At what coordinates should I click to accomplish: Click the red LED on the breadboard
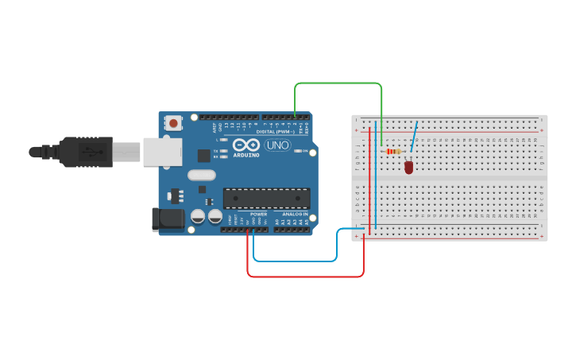click(408, 167)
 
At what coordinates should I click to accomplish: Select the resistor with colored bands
click(392, 151)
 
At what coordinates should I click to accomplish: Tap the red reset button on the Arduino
click(173, 123)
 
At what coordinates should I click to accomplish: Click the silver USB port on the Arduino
click(162, 151)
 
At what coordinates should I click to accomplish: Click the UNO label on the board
click(277, 145)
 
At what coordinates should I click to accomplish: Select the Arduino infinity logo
click(247, 145)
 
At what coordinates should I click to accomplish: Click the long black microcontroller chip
click(266, 198)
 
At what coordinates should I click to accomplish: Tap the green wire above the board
click(338, 83)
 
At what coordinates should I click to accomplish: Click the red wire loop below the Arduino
click(306, 277)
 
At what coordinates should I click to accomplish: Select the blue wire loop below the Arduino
click(294, 261)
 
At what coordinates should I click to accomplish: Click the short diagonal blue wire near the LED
click(414, 136)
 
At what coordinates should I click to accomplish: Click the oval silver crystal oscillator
click(201, 175)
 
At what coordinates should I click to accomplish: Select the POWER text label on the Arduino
click(259, 214)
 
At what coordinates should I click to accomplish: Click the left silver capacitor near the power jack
click(197, 216)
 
